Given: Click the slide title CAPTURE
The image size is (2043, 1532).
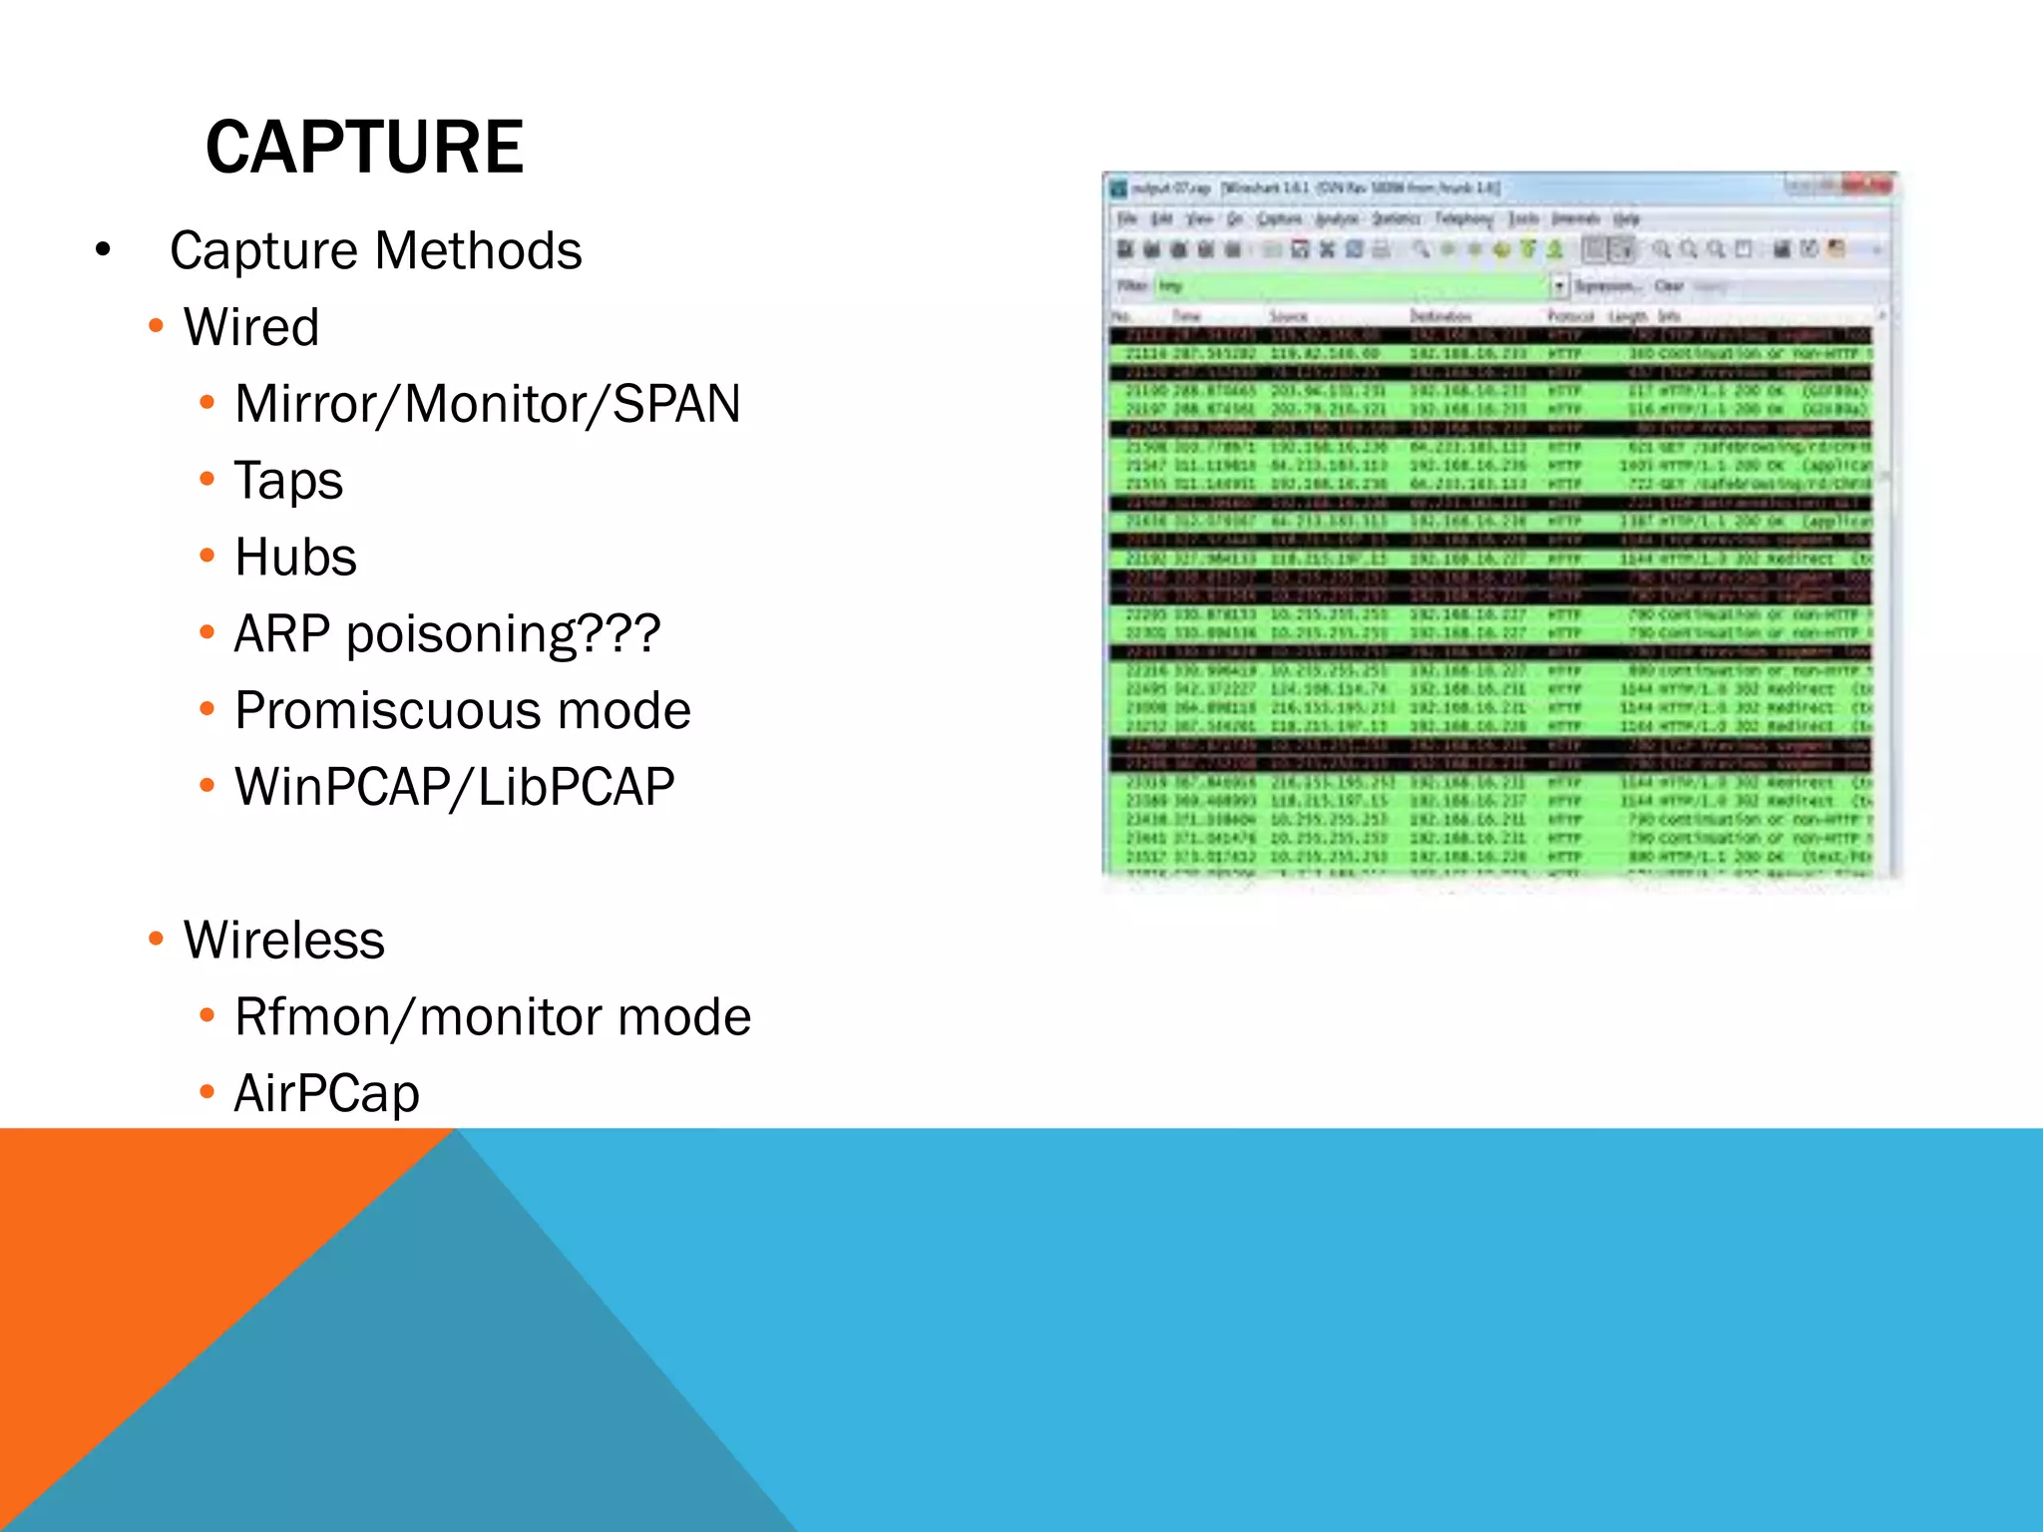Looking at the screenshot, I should [x=364, y=147].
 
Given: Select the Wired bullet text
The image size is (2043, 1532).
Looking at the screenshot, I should [x=251, y=327].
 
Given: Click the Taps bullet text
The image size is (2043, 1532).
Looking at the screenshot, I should [x=288, y=481].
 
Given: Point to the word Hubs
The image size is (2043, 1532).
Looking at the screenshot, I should [x=295, y=557].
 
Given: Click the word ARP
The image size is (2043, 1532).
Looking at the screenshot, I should [x=281, y=633].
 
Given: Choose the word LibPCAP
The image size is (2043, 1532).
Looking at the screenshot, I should [x=576, y=787].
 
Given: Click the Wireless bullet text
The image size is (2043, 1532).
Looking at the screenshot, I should [x=284, y=940].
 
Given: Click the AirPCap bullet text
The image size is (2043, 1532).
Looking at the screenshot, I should [x=326, y=1093].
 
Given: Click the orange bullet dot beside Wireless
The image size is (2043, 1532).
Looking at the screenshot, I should [x=156, y=939].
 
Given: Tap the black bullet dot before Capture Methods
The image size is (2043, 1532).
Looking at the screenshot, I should [x=103, y=250].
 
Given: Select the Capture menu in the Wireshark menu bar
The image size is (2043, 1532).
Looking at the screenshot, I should [x=1279, y=218].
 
